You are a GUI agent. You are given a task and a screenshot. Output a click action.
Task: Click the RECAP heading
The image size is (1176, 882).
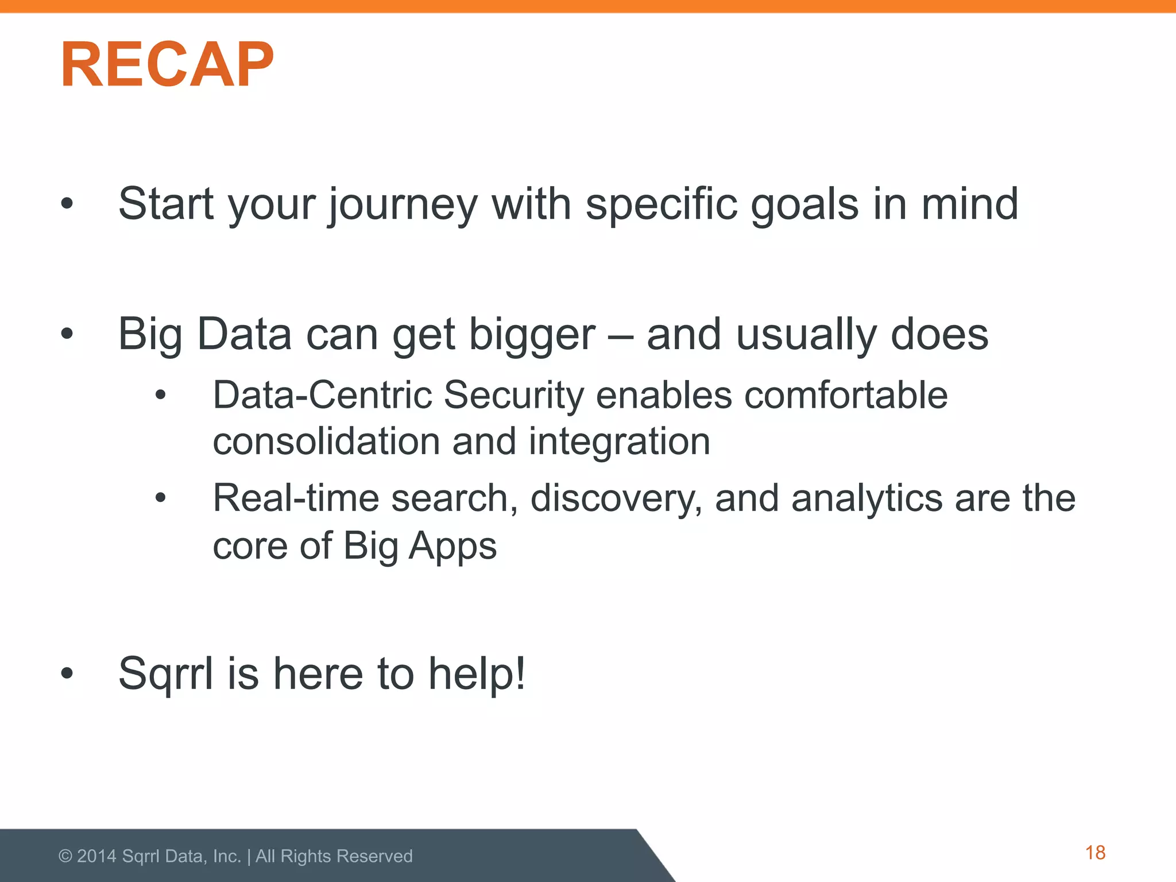tap(167, 64)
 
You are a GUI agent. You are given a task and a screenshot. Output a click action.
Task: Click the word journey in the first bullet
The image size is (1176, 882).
tap(403, 206)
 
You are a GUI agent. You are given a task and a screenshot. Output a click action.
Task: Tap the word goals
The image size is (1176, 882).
tap(804, 206)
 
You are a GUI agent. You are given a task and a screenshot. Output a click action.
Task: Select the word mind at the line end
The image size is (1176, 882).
tap(970, 204)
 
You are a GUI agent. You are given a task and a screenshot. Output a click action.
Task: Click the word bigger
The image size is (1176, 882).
tap(532, 335)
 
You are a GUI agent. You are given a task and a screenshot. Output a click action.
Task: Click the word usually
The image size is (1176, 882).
tap(806, 335)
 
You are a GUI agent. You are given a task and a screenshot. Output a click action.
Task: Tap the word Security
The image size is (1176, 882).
tap(513, 396)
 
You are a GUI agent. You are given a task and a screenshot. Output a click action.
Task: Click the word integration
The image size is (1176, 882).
tap(619, 442)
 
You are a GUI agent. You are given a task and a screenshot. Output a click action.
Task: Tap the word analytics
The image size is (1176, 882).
tap(867, 498)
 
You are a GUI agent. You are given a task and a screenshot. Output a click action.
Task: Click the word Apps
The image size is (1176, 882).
tap(452, 547)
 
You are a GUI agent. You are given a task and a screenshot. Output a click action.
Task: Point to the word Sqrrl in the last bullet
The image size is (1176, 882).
tap(166, 674)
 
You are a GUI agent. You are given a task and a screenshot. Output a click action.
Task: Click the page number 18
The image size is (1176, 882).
tap(1095, 853)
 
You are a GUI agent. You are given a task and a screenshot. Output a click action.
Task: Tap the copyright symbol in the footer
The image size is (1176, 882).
tap(65, 856)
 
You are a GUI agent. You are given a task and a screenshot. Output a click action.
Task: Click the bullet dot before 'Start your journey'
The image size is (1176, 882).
tap(67, 203)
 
